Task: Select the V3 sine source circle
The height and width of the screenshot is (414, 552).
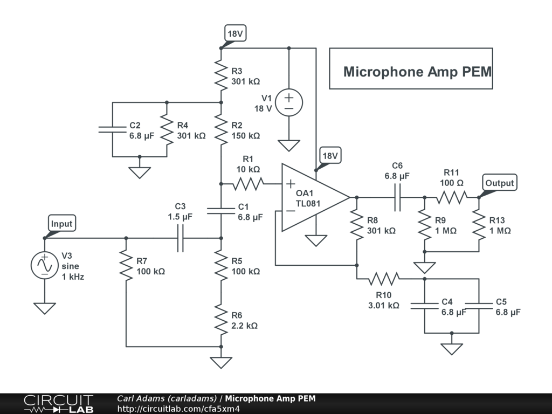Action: (45, 265)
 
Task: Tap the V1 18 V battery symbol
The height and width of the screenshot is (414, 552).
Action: (289, 102)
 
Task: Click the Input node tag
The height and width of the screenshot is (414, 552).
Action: (61, 224)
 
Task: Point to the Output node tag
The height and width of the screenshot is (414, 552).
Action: (500, 183)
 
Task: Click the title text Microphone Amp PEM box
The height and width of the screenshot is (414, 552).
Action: (411, 68)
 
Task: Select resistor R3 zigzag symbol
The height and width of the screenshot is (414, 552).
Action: (221, 75)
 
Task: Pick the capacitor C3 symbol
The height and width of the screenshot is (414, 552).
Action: (180, 238)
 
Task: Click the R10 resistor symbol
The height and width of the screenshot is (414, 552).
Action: (384, 279)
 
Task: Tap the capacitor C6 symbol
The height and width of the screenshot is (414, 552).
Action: (397, 197)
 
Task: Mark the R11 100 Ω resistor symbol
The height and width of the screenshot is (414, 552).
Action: (451, 197)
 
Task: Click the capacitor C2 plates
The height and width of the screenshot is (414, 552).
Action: (112, 129)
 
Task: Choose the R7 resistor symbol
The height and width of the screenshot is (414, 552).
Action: (126, 265)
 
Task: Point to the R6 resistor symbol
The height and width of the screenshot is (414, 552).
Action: (221, 319)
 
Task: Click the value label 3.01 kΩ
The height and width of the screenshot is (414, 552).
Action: (383, 305)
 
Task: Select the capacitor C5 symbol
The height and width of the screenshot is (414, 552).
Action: (479, 306)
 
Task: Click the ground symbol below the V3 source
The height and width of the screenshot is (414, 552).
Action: (45, 308)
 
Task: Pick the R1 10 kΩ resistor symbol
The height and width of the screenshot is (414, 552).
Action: (248, 184)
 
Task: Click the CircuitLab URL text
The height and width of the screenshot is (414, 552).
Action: (178, 409)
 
